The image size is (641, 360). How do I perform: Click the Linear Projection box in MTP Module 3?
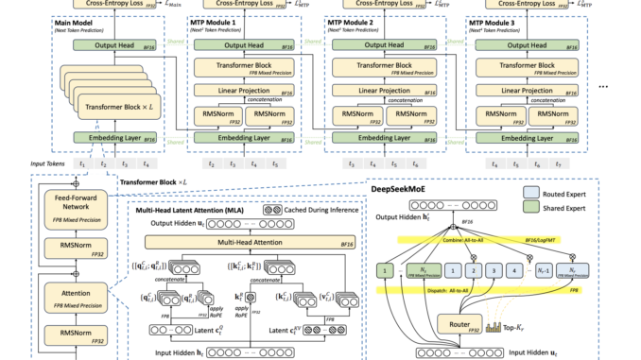point(523,93)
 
